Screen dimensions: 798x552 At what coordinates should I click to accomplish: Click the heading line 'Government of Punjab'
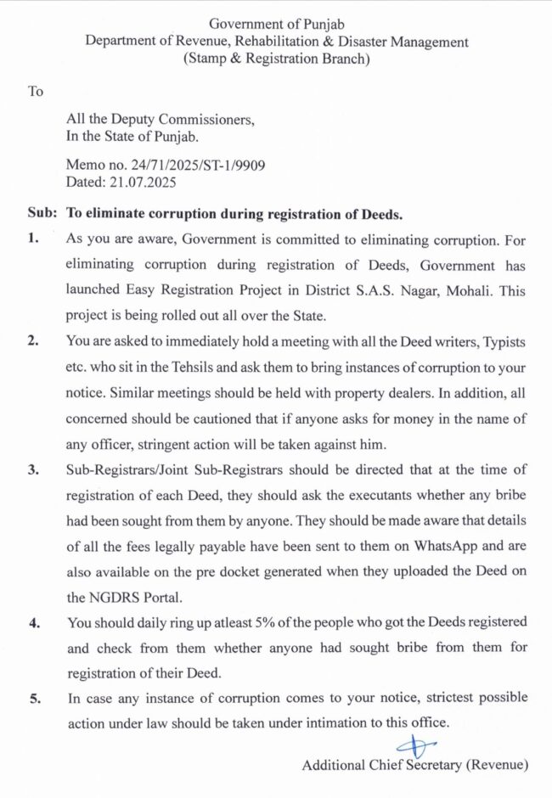pyautogui.click(x=276, y=24)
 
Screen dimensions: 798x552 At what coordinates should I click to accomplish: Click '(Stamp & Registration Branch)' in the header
pyautogui.click(x=276, y=59)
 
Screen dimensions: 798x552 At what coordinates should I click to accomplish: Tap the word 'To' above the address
pyautogui.click(x=35, y=91)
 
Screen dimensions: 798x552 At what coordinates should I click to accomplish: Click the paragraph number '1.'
pyautogui.click(x=33, y=239)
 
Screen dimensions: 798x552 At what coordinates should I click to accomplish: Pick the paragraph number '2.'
pyautogui.click(x=33, y=341)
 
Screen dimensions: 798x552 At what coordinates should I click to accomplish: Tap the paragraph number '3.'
pyautogui.click(x=33, y=469)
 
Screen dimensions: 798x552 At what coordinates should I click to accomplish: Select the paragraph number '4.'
pyautogui.click(x=33, y=622)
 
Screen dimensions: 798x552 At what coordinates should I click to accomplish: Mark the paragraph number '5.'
pyautogui.click(x=33, y=698)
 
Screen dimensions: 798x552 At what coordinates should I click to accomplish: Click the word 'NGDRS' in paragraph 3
pyautogui.click(x=117, y=597)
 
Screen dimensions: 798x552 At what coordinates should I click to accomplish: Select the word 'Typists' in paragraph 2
pyautogui.click(x=503, y=341)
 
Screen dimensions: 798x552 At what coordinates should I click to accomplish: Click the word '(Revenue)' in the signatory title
pyautogui.click(x=497, y=765)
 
